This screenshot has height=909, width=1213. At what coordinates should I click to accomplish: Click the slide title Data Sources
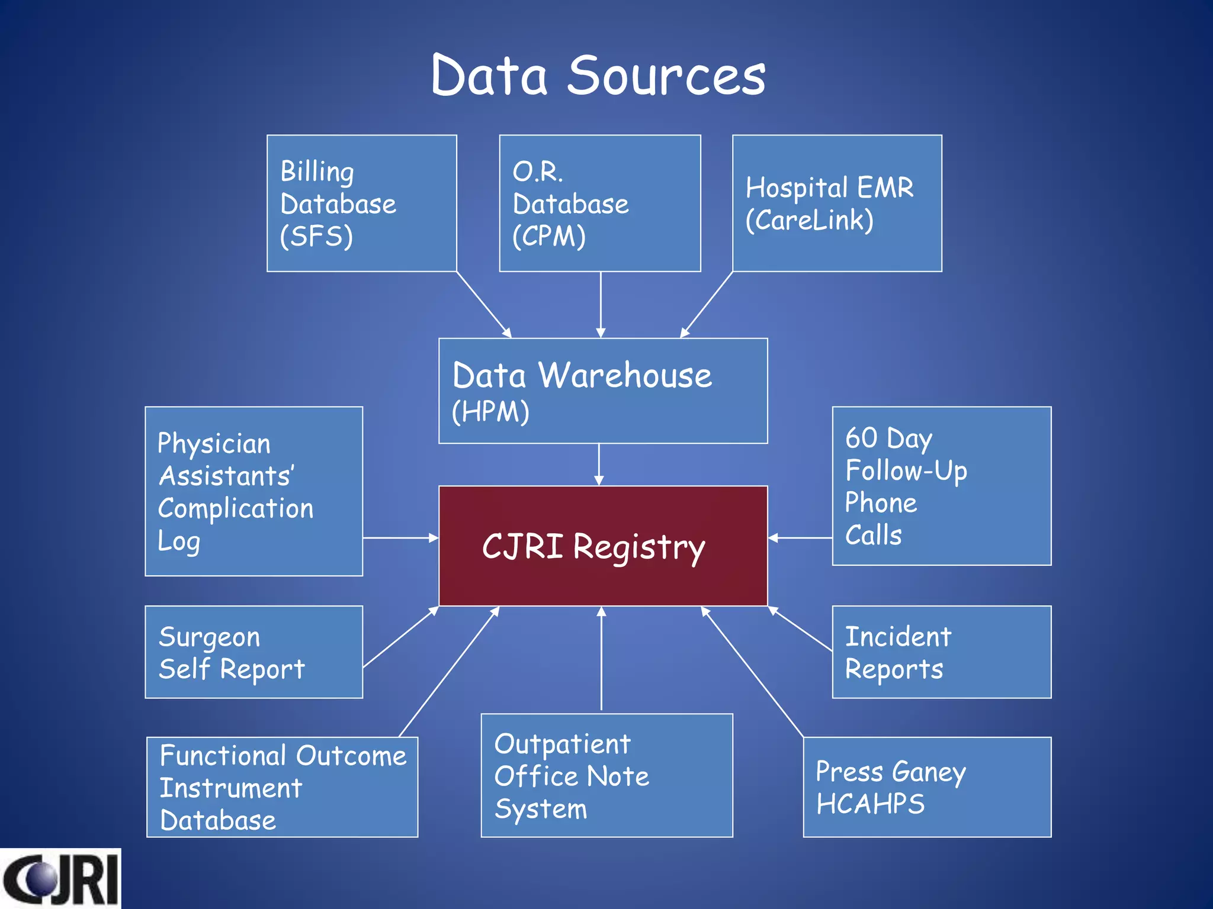(598, 76)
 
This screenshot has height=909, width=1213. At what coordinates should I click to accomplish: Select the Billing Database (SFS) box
(361, 204)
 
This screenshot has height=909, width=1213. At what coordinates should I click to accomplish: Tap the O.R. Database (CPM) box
(599, 204)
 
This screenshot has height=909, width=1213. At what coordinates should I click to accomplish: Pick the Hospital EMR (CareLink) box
(836, 204)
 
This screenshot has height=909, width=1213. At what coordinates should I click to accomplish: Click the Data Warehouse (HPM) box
(603, 391)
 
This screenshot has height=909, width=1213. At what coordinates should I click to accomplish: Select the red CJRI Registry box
(603, 546)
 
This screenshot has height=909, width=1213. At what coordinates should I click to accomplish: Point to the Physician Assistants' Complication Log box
(253, 491)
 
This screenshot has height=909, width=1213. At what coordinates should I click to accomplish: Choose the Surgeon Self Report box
(253, 652)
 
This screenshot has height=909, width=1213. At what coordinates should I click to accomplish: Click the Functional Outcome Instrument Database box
(282, 787)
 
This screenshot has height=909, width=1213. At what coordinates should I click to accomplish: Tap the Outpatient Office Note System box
(606, 775)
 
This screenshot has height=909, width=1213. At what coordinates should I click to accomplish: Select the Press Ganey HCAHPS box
(927, 787)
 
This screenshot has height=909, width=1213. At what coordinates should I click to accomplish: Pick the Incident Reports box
(942, 652)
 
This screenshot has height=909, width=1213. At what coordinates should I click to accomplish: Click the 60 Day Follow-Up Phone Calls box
(942, 486)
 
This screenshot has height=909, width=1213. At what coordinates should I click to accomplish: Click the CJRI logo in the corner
(60, 879)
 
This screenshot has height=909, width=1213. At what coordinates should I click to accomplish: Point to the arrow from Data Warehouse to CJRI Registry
(599, 465)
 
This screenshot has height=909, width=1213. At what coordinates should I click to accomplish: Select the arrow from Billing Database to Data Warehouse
(483, 304)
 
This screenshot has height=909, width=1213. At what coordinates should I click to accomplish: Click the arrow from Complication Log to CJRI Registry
(400, 538)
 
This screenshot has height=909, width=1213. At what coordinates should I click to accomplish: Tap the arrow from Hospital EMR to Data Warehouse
(707, 304)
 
